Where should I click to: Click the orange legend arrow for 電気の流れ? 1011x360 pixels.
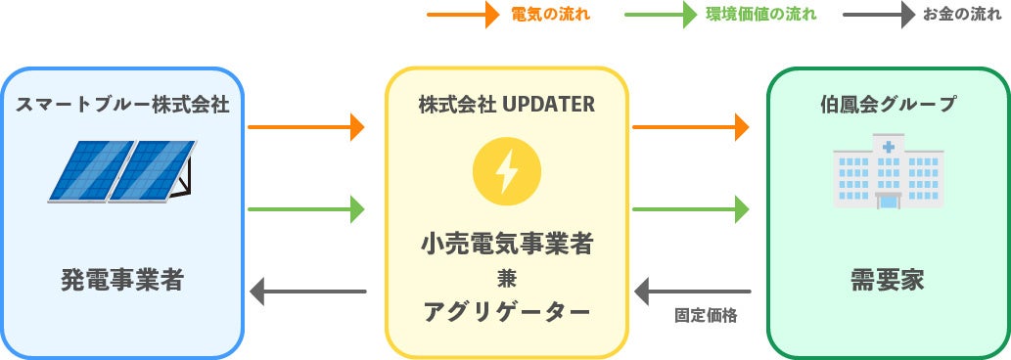point(464,16)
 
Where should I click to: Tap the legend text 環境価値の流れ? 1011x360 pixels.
point(760,16)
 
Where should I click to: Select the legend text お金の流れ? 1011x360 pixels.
point(962,16)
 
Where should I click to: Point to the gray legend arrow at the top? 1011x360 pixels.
point(876,16)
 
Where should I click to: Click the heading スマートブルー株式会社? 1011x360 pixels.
point(122,104)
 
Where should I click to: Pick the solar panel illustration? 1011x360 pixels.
point(121,171)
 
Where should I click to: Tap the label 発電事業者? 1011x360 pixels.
point(122,281)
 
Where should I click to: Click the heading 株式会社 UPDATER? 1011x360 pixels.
point(506,104)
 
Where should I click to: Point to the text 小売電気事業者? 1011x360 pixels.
point(506,243)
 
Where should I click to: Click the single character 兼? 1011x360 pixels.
point(506,278)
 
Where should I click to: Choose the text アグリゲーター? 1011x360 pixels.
point(506,312)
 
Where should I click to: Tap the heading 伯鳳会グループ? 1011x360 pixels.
point(888,104)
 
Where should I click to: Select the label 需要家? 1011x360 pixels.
point(888,281)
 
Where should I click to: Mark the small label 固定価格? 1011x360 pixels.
point(705,316)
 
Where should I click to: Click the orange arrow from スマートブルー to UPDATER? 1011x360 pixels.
point(306,127)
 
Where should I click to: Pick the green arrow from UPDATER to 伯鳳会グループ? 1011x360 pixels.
point(691,208)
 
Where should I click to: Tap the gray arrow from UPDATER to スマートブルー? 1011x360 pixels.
point(308,291)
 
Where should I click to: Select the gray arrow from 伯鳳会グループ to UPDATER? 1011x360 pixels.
point(693,291)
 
